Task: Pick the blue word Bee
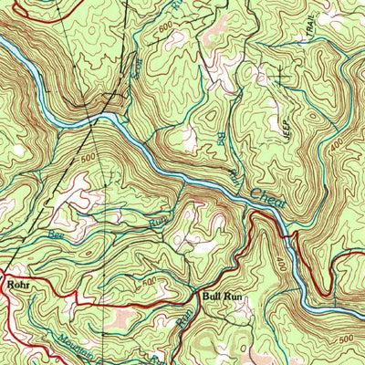tap(57, 235)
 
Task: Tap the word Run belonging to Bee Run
tap(161, 219)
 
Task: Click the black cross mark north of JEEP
tap(280, 78)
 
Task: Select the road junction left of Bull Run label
tap(193, 295)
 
